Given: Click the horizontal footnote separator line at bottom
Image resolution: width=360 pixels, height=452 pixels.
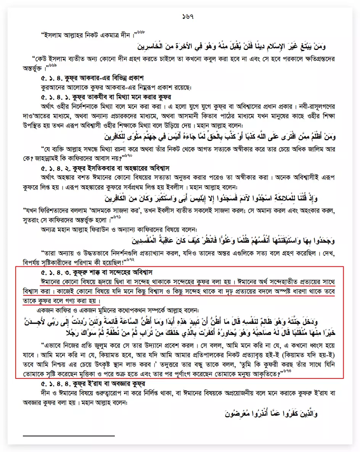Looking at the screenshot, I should (69, 435).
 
